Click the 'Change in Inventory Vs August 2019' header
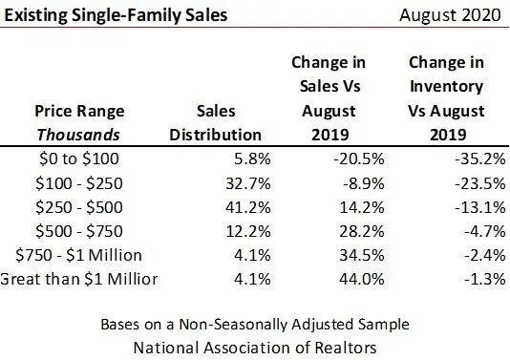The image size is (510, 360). (442, 98)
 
